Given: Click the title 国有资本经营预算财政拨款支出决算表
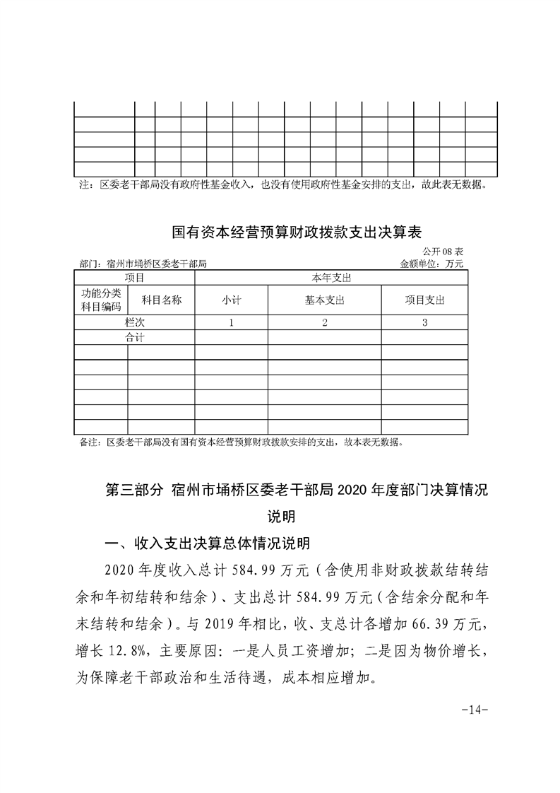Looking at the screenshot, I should pos(297,232).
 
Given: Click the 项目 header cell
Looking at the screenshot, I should pos(134,278).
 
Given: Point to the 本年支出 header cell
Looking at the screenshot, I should pos(331,278).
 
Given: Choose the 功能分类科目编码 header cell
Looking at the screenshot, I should pos(101,300).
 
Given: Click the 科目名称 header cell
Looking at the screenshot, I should pos(162,300).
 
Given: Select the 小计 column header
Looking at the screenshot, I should pos(231,300).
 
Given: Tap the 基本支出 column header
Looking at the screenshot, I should pos(324,300).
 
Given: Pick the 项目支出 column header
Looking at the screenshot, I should pos(424,300).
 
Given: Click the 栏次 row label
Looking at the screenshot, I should pos(134,322).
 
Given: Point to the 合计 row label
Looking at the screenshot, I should pos(134,337).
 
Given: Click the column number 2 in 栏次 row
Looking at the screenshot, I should pos(324,322).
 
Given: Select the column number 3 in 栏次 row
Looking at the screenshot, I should pos(424,322).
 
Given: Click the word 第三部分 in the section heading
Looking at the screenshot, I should pos(133,490).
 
